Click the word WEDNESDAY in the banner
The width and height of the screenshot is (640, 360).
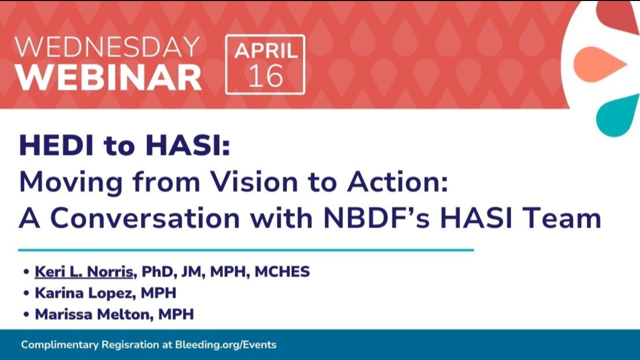coord(107,47)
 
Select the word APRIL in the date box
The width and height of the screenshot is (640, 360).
coord(266,51)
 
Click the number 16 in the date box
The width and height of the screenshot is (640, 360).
coord(265,75)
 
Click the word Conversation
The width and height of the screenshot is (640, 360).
coord(145,218)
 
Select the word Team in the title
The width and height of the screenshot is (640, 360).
coord(561,218)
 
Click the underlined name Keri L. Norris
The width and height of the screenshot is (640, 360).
coord(84,271)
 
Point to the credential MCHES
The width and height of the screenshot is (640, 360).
coord(282,271)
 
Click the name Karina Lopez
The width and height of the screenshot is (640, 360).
coord(85,293)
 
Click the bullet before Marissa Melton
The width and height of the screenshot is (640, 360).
coord(26,314)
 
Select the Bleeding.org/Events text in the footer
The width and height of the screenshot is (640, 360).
coord(225,345)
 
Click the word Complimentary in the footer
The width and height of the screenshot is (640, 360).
coord(59,345)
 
